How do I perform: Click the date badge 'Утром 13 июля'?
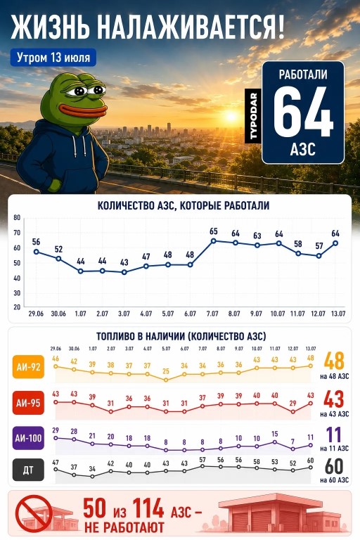pos(53,58)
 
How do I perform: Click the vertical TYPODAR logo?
pos(253,116)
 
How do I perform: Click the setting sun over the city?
pos(231,116)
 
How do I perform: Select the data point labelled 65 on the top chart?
pos(214,240)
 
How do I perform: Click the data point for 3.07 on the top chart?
pos(124,272)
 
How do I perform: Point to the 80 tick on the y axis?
pos(17,218)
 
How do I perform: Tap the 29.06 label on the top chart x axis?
pos(36,314)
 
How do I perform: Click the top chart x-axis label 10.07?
pos(278,314)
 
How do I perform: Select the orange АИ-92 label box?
pos(28,367)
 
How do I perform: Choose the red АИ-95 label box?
pos(28,403)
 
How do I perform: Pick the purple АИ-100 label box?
pos(28,438)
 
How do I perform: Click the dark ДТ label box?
pos(28,470)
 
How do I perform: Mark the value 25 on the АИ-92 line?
pos(166,371)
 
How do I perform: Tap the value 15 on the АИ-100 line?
pos(274,434)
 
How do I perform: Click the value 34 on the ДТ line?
pos(92,469)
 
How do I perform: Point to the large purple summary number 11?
pos(333,435)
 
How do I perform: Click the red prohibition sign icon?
pos(34,513)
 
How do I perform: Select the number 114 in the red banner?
pos(148,508)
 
